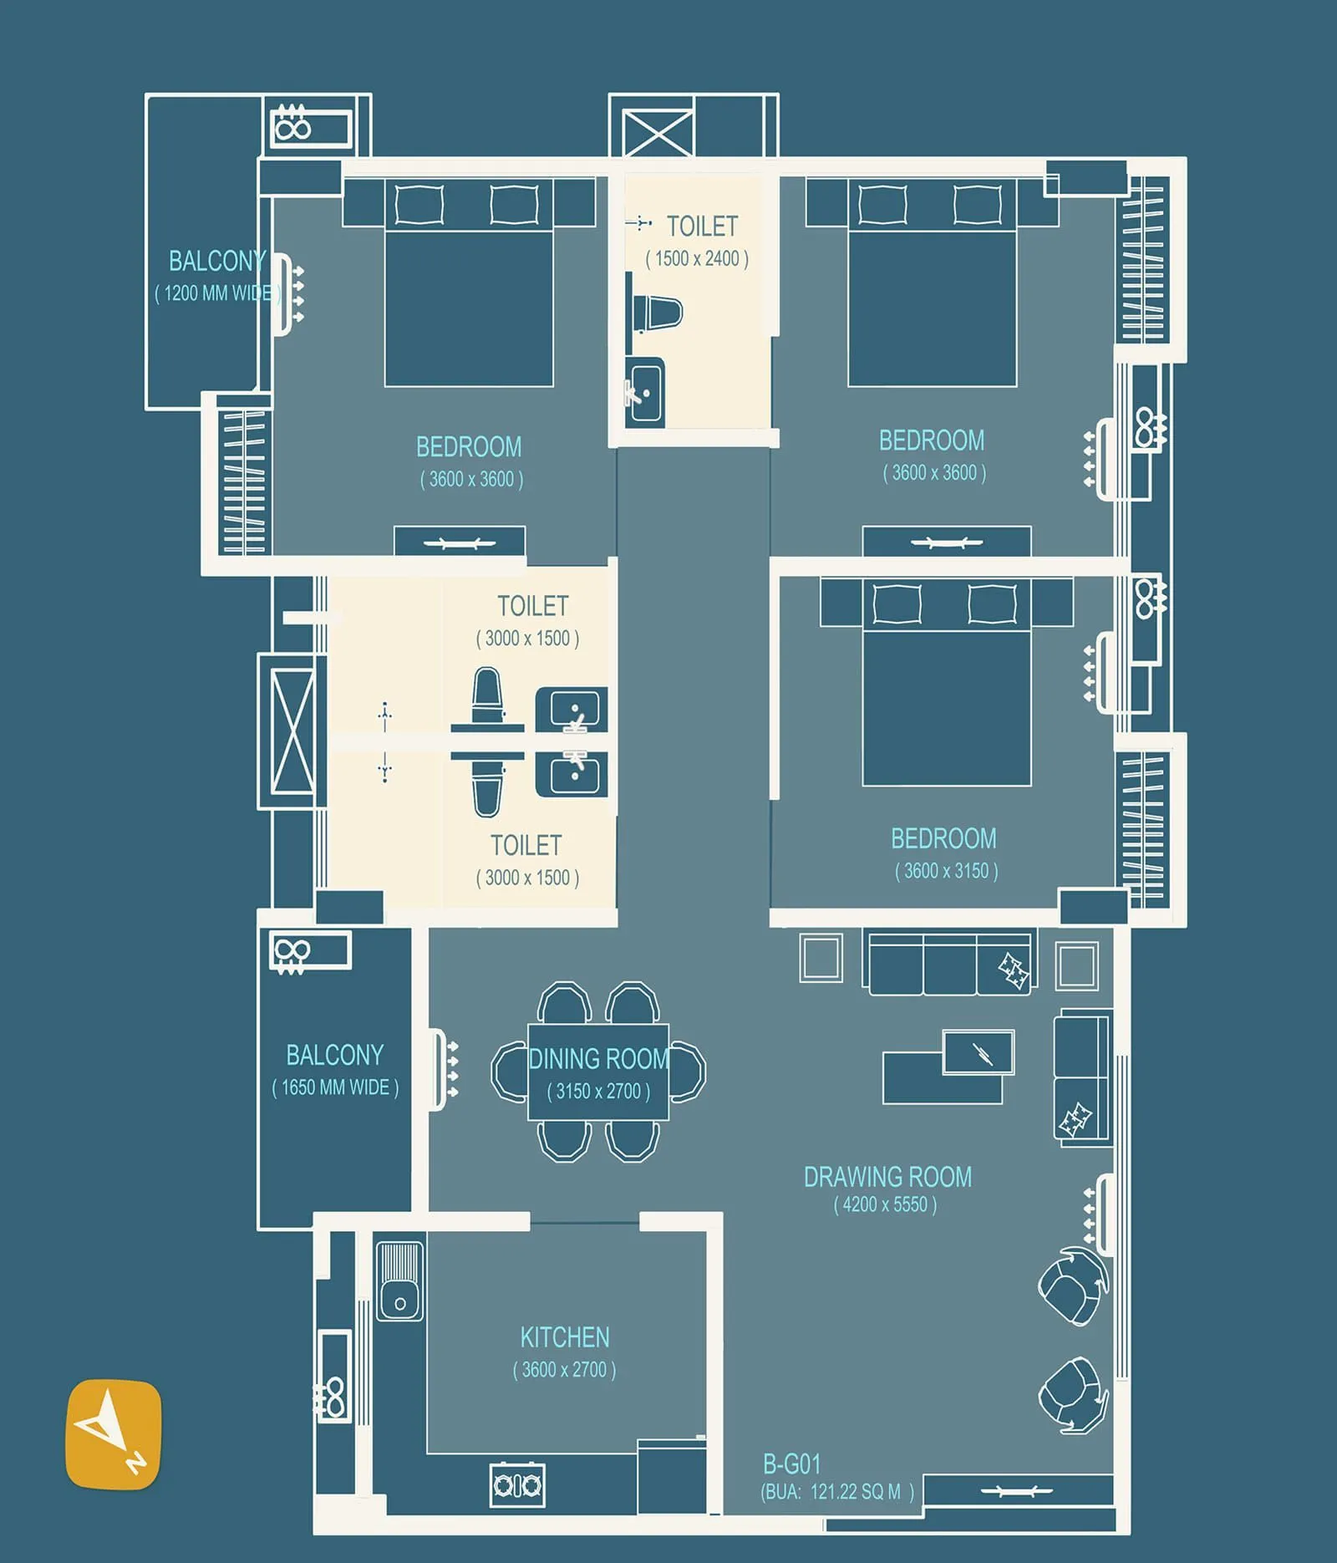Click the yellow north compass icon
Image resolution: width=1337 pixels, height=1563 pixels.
tap(113, 1433)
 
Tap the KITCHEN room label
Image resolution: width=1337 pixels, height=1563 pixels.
tap(564, 1337)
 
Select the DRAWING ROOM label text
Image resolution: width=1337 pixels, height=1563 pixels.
tap(887, 1177)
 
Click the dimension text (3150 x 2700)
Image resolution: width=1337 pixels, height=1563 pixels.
tap(598, 1092)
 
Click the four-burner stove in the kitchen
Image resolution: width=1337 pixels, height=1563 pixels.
tap(517, 1484)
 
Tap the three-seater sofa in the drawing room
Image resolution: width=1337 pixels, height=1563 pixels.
tap(951, 964)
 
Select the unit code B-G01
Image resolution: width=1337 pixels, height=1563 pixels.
tap(791, 1464)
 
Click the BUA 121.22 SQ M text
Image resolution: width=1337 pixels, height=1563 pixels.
tap(836, 1492)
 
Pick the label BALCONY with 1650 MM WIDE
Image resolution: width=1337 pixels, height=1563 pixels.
tap(334, 1056)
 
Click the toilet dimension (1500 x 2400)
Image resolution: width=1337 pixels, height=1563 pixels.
tap(697, 259)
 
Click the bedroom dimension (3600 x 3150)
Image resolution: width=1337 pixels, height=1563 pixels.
tap(946, 871)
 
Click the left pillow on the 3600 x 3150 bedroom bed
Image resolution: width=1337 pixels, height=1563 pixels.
tap(897, 603)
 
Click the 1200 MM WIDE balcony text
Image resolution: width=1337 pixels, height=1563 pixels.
tap(217, 293)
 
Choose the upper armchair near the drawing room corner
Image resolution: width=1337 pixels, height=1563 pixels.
tap(1072, 1286)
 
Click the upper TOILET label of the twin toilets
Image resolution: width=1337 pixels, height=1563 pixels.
tap(532, 606)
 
